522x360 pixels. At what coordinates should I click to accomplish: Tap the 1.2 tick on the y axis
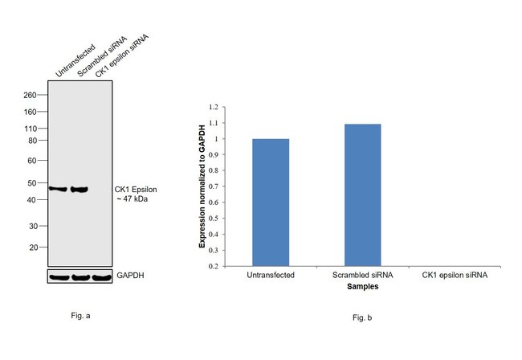tap(213, 107)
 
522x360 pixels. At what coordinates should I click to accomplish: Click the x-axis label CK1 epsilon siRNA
tap(454, 275)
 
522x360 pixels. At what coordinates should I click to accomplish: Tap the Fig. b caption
tap(363, 319)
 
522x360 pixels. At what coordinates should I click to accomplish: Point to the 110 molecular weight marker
tap(31, 129)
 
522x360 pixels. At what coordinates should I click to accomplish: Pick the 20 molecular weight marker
tap(34, 247)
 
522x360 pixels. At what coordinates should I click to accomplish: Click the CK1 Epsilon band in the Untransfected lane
tap(58, 189)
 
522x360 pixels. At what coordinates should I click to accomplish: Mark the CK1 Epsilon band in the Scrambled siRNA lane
tap(79, 190)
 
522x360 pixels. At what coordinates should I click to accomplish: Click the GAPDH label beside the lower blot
tap(132, 276)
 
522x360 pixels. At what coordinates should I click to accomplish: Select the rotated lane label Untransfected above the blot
tap(75, 61)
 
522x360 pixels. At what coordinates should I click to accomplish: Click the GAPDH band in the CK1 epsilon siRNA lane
tap(100, 278)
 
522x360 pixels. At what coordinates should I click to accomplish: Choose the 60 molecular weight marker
tap(34, 161)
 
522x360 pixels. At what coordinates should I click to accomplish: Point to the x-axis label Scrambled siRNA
tap(362, 275)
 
